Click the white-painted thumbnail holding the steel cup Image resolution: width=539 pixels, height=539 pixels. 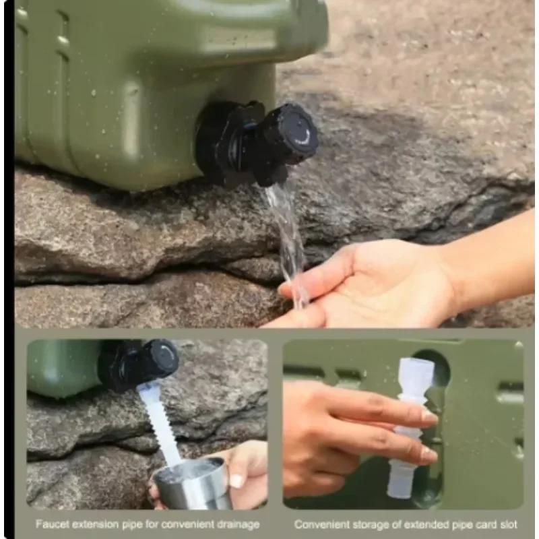tap(236, 480)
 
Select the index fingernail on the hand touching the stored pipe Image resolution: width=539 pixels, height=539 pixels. tap(429, 416)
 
